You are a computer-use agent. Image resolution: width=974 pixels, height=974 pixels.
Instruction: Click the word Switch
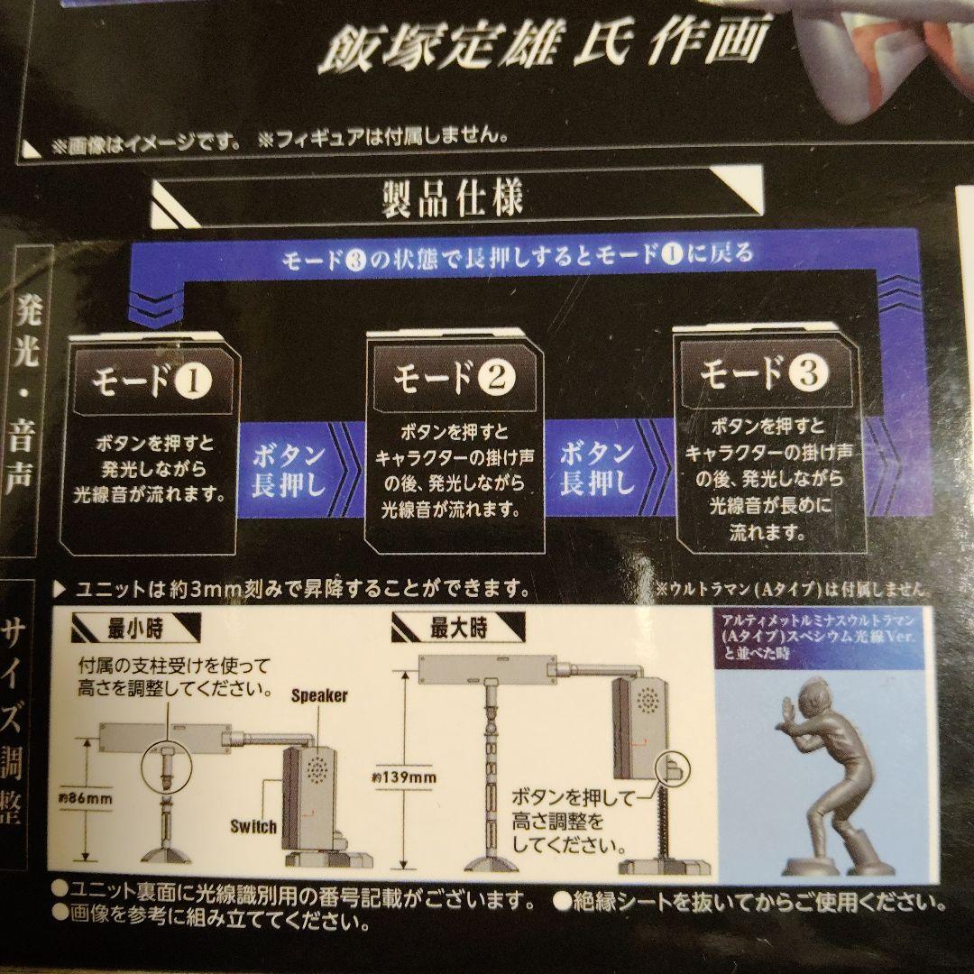pyautogui.click(x=253, y=825)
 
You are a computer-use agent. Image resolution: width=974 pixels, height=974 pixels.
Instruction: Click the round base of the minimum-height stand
pyautogui.click(x=169, y=858)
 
